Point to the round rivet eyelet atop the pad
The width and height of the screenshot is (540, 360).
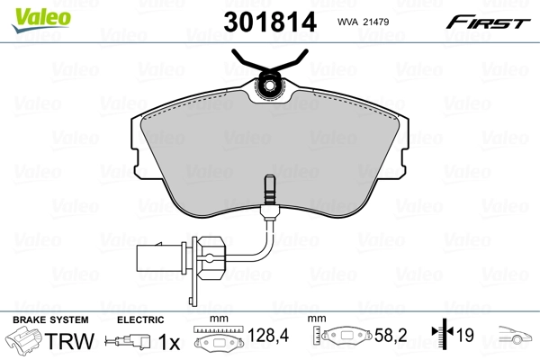click(x=268, y=87)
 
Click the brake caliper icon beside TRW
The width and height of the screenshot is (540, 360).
click(x=24, y=342)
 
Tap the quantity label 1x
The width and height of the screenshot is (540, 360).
click(x=170, y=341)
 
